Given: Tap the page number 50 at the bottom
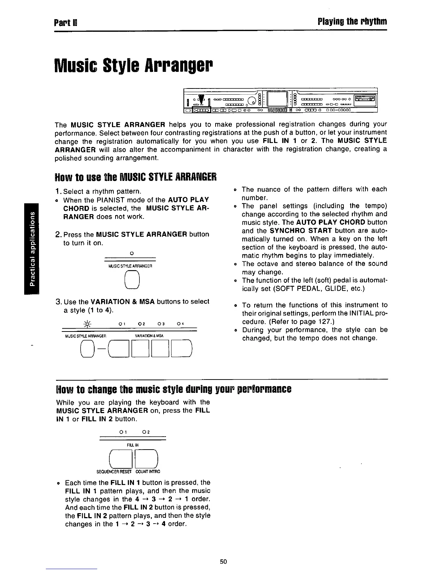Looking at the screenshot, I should [x=223, y=562].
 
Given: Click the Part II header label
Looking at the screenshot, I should [x=64, y=22].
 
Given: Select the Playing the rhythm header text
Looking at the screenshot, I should [x=352, y=22].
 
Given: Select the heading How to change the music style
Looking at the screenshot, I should [x=173, y=390].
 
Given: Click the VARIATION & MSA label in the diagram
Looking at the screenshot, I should [x=149, y=336].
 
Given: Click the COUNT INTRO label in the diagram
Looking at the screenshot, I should [x=148, y=472].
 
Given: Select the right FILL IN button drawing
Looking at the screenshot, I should [x=146, y=458].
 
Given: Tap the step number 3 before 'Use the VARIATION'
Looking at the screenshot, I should [x=58, y=302].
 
